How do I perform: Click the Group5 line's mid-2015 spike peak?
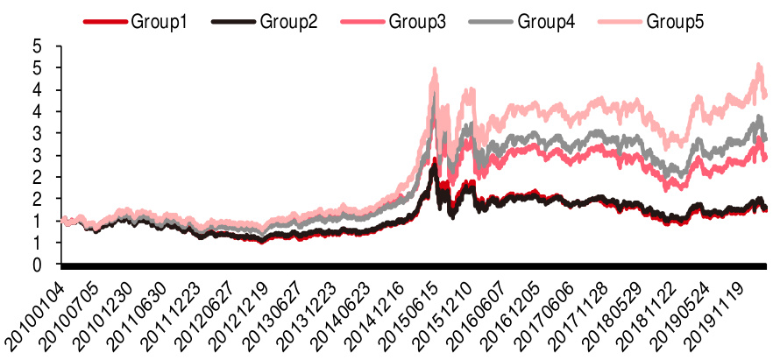(434, 69)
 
